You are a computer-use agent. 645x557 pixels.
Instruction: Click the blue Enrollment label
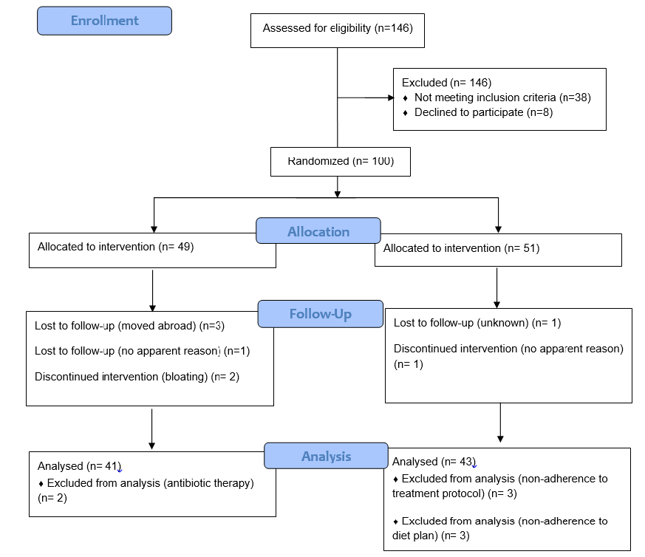coord(104,21)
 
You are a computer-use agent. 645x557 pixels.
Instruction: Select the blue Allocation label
coord(318,231)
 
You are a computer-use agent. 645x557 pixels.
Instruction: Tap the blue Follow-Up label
coord(320,314)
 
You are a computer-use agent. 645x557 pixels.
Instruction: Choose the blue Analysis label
coord(326,456)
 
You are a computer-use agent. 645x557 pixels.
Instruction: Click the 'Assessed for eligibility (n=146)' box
coord(337,29)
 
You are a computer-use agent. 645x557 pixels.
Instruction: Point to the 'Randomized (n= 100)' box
coord(340,161)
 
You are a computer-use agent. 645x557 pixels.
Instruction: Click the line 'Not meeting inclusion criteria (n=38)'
coord(502,98)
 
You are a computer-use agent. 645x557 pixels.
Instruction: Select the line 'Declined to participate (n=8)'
coord(483,112)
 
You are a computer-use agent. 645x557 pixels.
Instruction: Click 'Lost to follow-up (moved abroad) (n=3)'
coord(129,325)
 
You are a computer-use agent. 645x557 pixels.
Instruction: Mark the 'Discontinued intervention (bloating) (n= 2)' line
coord(137,377)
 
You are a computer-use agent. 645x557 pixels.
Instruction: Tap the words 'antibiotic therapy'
coord(203,483)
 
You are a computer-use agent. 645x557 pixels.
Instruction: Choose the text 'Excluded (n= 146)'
coord(446,83)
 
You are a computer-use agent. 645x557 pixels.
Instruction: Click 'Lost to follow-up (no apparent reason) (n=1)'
coord(142,351)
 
